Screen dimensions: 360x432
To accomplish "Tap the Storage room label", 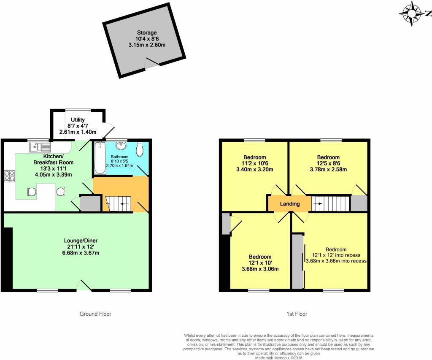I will click(x=146, y=32).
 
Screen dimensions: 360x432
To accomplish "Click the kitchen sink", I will click(x=40, y=147).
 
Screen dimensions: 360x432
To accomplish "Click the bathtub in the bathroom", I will click(x=100, y=158).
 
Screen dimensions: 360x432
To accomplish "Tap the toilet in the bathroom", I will click(x=140, y=149).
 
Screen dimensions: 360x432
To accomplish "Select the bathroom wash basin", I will click(x=122, y=146).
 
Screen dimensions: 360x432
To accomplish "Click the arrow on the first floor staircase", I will click(x=319, y=203).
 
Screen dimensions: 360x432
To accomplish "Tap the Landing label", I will click(x=290, y=204).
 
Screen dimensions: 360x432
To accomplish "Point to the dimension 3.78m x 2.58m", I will click(x=328, y=170).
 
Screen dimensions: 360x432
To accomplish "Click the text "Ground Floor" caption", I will click(x=95, y=314).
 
